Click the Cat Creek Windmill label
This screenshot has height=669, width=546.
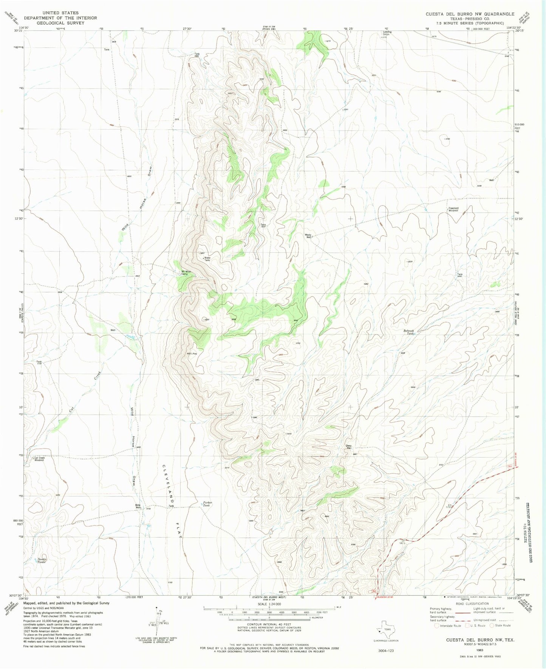39,459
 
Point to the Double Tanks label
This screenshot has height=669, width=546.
41,561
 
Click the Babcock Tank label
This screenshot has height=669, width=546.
408,332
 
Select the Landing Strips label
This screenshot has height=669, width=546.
387,33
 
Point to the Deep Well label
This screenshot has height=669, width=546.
349,447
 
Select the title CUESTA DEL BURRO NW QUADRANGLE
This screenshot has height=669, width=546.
470,14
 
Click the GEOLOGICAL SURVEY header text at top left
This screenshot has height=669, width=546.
60,23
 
